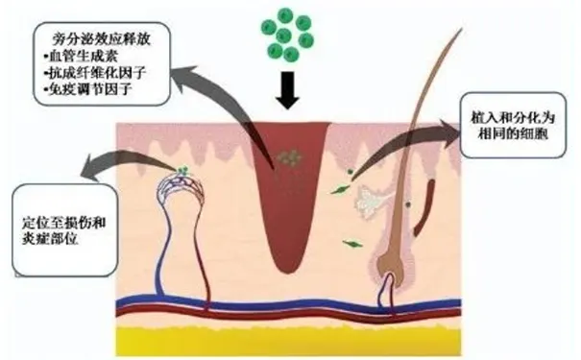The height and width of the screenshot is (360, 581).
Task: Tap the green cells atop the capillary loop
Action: (x=180, y=173)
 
